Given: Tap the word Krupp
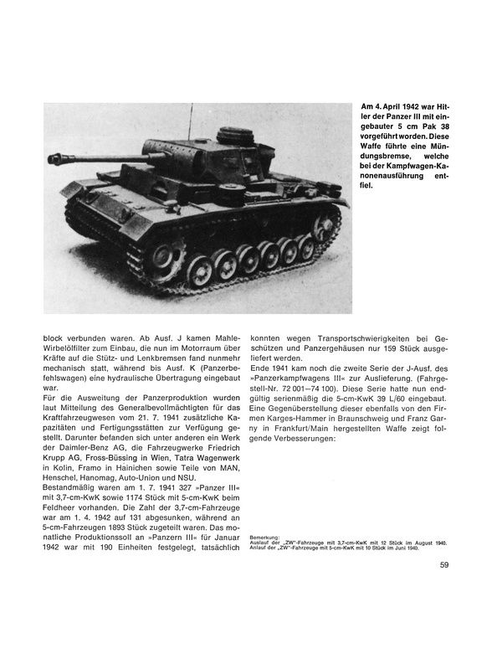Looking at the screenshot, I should pyautogui.click(x=58, y=446).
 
